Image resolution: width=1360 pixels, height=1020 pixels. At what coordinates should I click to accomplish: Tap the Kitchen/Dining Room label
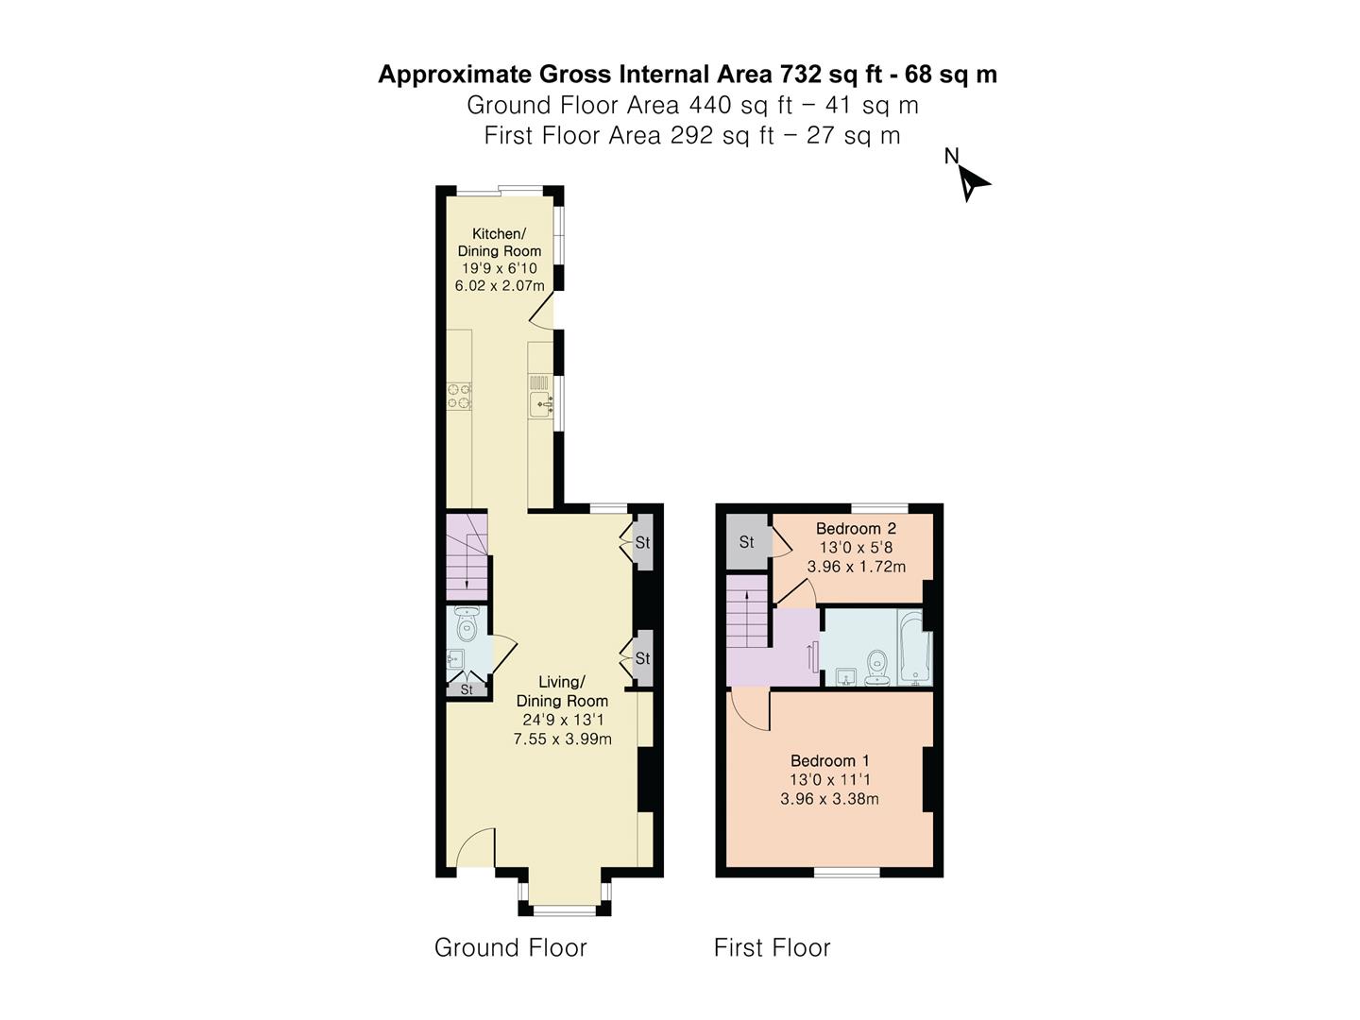499,242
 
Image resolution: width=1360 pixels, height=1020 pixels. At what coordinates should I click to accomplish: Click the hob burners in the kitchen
459,396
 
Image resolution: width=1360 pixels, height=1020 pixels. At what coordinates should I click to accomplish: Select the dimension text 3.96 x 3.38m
829,799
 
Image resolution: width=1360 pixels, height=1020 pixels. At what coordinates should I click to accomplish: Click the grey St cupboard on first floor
746,542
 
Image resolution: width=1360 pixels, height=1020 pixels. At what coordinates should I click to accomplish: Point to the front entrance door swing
475,848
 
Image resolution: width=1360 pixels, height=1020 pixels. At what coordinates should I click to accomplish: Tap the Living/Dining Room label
562,691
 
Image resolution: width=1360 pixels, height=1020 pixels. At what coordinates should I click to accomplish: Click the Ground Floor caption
510,947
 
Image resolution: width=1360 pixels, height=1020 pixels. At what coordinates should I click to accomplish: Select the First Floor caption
772,947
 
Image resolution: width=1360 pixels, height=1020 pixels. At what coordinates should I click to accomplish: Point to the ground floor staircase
467,557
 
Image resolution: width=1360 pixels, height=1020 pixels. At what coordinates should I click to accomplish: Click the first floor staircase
749,614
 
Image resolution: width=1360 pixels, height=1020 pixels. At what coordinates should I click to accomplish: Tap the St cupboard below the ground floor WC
467,690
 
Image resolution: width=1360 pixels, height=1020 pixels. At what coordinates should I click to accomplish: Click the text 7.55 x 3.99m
562,739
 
